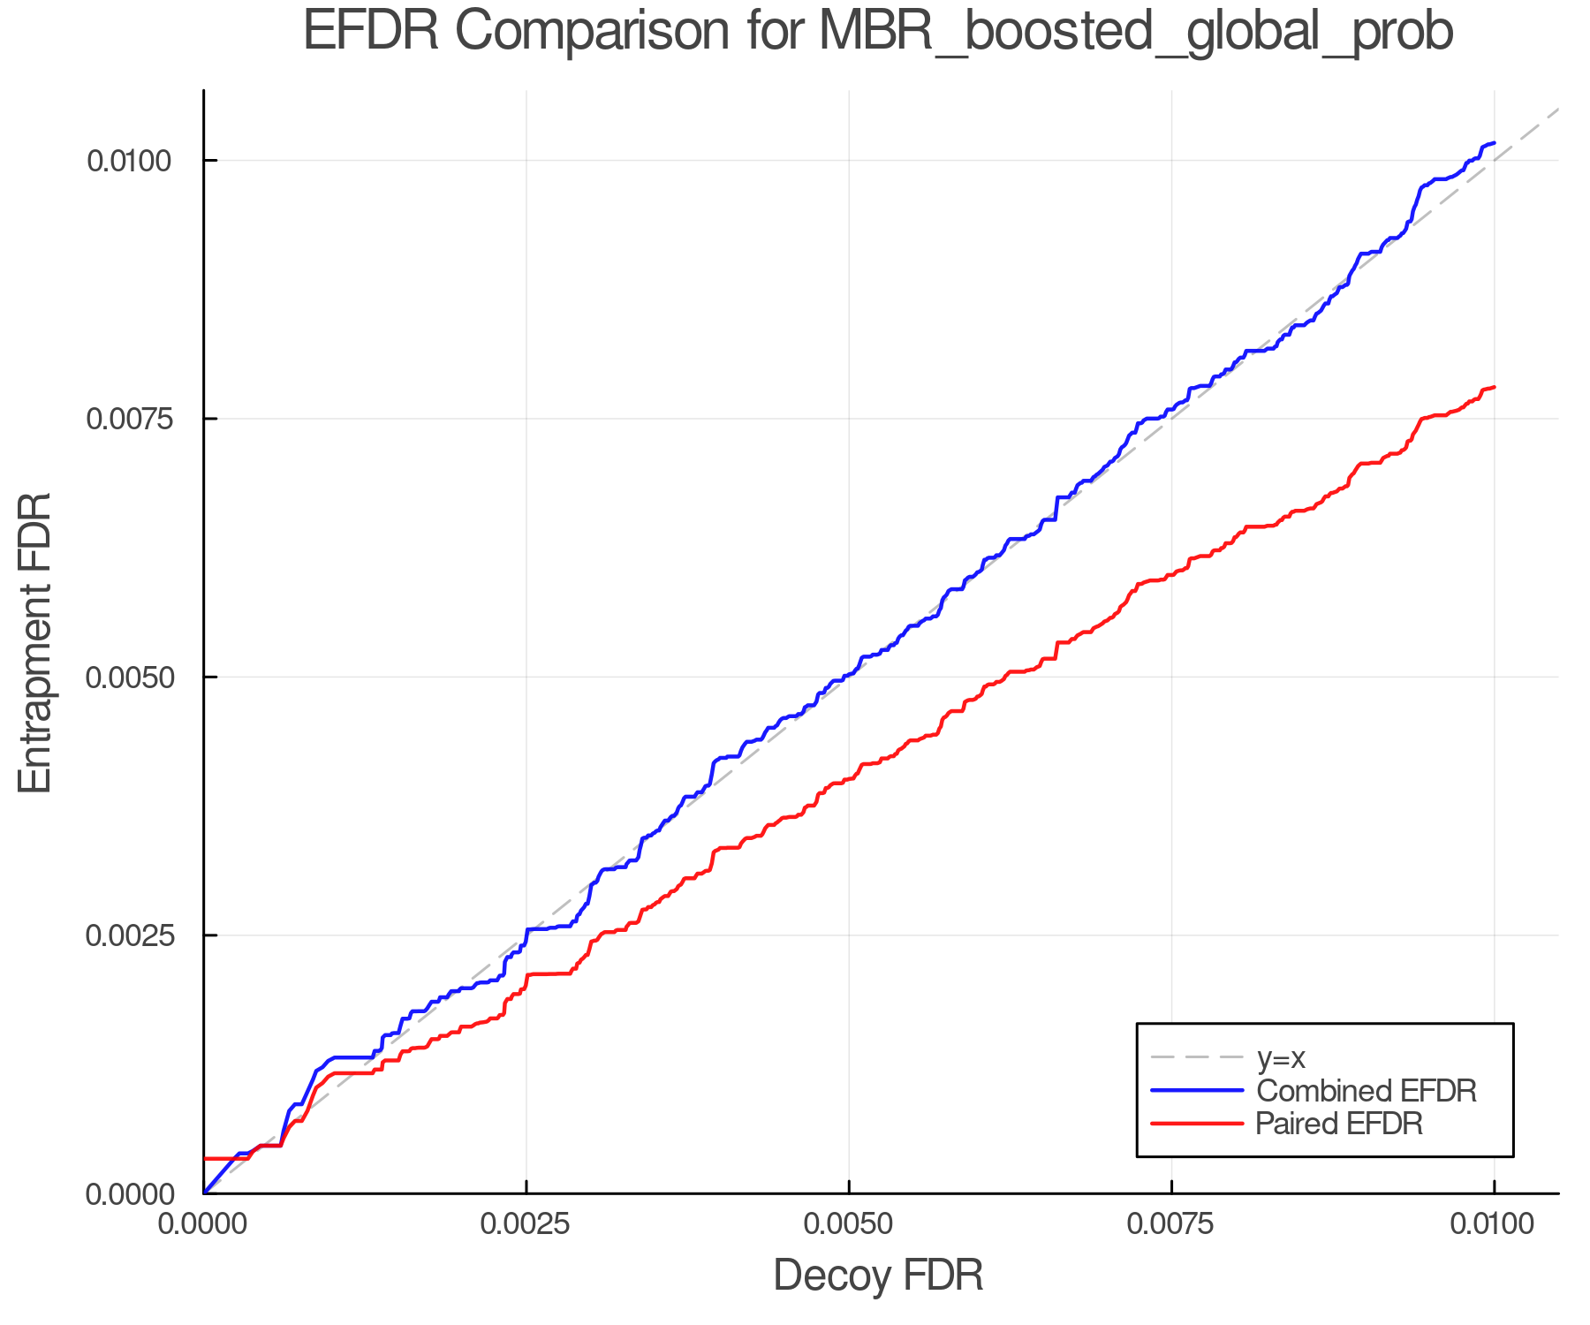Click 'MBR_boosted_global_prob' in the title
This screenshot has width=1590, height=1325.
click(1136, 32)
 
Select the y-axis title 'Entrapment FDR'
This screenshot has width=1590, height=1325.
click(35, 642)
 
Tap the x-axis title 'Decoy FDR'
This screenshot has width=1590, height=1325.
click(878, 1276)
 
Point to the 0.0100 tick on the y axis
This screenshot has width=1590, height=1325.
click(128, 161)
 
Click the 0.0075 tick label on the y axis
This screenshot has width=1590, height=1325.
click(128, 419)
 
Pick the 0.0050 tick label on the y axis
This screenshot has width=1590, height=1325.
click(128, 678)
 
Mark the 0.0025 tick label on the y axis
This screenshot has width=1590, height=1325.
click(128, 935)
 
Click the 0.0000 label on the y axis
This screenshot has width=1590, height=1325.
click(128, 1194)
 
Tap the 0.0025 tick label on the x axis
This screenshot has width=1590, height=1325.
click(526, 1224)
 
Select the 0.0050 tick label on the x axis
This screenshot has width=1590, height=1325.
click(849, 1224)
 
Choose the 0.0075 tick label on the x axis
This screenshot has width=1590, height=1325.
click(1171, 1224)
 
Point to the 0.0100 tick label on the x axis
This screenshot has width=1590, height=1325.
click(1494, 1224)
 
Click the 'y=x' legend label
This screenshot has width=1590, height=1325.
click(1281, 1057)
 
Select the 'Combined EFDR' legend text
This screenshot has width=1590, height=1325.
click(1366, 1091)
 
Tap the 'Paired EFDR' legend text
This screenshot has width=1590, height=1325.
click(1339, 1124)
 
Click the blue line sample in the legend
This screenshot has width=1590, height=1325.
click(1197, 1091)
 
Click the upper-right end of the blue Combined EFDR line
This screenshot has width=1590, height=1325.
click(1493, 142)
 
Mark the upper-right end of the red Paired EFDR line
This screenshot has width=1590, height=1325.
click(1493, 387)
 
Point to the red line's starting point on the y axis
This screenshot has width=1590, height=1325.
click(206, 1158)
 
